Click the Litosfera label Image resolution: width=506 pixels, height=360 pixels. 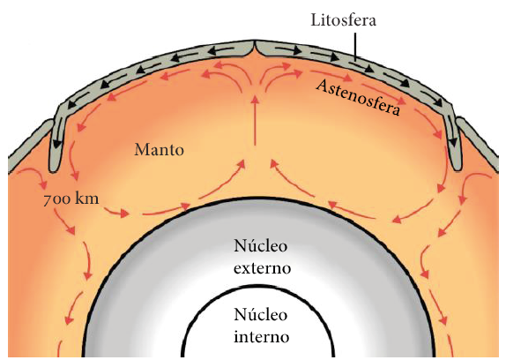pos(344,20)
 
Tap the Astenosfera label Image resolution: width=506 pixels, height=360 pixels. pos(358,97)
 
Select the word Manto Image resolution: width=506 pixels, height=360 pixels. pos(159,150)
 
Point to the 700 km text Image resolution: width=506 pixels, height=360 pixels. pos(71,199)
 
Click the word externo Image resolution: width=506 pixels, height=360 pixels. pos(262,268)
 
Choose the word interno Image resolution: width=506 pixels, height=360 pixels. pos(262,337)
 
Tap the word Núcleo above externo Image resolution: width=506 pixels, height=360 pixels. pos(261,246)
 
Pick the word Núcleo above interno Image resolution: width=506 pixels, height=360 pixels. pos(261,314)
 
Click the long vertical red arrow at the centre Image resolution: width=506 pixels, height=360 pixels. pos(255,120)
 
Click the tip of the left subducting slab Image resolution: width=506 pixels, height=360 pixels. pos(54,169)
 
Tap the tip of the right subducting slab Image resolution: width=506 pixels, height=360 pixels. pos(457,168)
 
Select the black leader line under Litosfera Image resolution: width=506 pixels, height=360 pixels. pos(355,46)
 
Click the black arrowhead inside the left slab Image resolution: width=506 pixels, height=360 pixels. pos(57,144)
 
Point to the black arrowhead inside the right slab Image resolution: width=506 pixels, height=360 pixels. pos(453,142)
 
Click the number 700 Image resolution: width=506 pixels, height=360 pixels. pos(56,200)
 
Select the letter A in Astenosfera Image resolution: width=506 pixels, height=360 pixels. pos(322,86)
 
